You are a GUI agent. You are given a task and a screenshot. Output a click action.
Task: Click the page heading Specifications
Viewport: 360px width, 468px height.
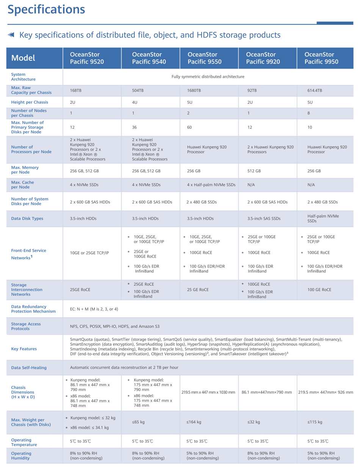46,9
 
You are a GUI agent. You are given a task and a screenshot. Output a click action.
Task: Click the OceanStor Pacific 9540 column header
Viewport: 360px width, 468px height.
149,58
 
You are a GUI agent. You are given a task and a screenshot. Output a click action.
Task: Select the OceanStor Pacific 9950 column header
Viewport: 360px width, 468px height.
321,58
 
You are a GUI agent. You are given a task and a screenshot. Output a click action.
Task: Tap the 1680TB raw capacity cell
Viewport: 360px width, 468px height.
194,91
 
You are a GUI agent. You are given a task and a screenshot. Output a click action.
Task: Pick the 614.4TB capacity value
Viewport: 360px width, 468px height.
315,91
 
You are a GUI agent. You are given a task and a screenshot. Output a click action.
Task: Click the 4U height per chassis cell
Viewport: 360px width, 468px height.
135,102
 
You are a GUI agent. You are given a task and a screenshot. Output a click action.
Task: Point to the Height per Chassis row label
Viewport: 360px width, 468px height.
30,102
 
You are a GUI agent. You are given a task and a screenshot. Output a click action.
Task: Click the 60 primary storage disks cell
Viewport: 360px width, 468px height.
189,127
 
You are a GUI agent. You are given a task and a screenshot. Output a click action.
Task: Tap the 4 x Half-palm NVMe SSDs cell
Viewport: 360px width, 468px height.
211,185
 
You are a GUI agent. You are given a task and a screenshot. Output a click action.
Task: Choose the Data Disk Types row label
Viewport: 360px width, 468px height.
27,219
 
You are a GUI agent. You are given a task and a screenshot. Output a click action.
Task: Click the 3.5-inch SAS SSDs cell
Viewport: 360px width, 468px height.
264,219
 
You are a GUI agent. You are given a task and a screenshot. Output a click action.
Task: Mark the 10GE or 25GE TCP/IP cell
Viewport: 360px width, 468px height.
89,253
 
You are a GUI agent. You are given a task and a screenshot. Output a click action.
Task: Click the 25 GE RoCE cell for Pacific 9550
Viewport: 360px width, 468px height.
198,290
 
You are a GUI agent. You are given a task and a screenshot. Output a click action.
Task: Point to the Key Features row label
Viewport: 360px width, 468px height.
24,349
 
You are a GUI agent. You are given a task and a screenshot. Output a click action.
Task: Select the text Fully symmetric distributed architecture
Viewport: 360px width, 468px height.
208,77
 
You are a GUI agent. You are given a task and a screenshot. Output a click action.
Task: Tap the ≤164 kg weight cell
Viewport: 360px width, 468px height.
194,422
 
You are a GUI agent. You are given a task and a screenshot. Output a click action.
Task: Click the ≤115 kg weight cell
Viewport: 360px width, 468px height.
315,422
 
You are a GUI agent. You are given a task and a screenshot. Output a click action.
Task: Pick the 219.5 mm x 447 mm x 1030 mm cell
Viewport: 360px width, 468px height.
208,392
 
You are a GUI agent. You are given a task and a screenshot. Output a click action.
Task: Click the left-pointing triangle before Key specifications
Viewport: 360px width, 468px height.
11,35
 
